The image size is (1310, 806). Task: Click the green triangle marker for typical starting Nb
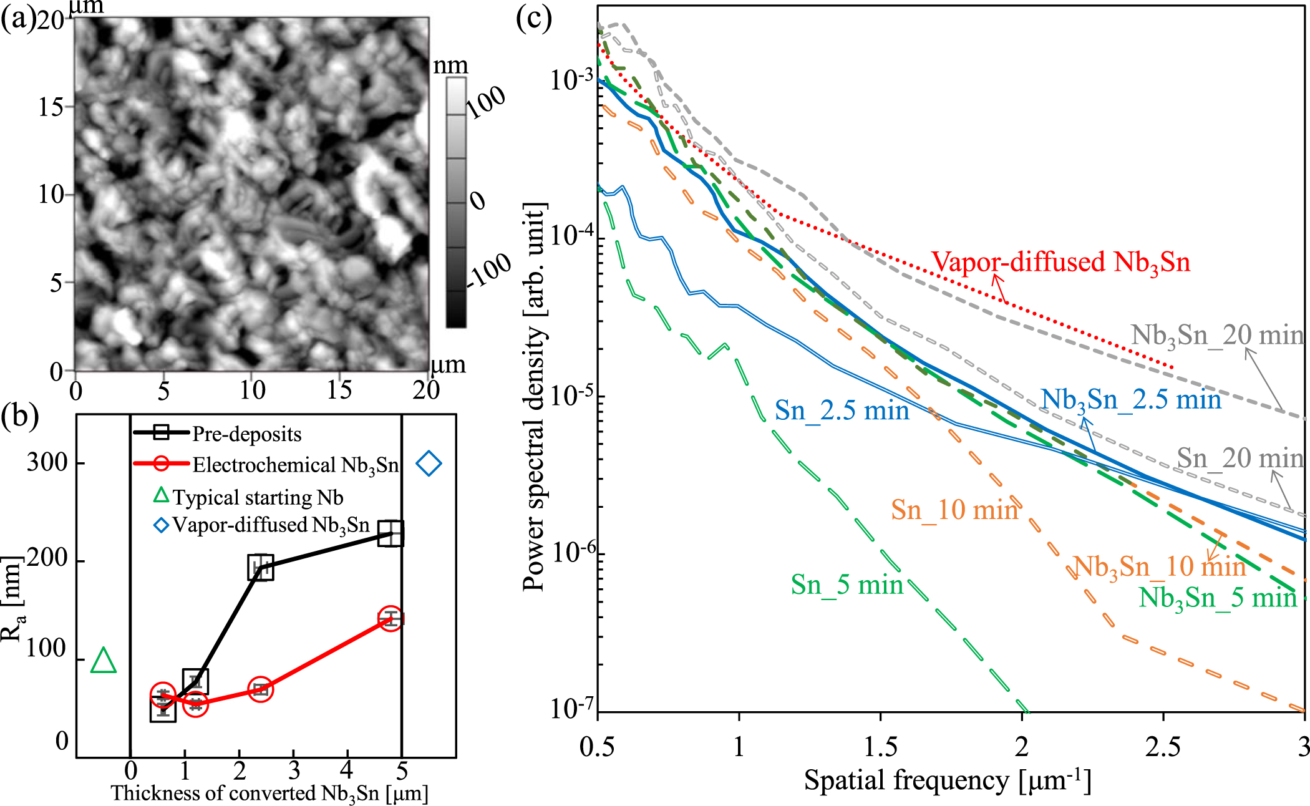pyautogui.click(x=104, y=661)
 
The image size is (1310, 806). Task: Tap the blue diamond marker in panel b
pyautogui.click(x=429, y=464)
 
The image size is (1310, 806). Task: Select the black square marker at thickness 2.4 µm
pyautogui.click(x=261, y=568)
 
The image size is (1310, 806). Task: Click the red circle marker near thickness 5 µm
pyautogui.click(x=391, y=618)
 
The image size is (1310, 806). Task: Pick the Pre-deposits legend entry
pyautogui.click(x=246, y=434)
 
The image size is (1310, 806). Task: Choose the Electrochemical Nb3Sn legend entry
pyautogui.click(x=294, y=465)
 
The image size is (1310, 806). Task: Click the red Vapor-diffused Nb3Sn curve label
pyautogui.click(x=1060, y=262)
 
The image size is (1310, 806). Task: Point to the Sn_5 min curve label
pyautogui.click(x=847, y=585)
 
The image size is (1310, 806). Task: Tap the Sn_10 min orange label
pyautogui.click(x=954, y=510)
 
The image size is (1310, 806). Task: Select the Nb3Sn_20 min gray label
pyautogui.click(x=1217, y=336)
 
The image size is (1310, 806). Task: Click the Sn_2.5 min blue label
pyautogui.click(x=842, y=410)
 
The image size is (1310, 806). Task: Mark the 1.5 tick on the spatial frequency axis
pyautogui.click(x=881, y=747)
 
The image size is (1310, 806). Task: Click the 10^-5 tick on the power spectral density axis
pyautogui.click(x=571, y=396)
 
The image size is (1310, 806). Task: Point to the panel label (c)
pyautogui.click(x=533, y=19)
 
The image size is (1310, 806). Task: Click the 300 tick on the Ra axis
pyautogui.click(x=47, y=463)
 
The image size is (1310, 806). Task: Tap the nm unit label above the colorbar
pyautogui.click(x=450, y=66)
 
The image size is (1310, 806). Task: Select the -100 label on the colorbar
pyautogui.click(x=490, y=271)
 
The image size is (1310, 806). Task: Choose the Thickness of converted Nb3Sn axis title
pyautogui.click(x=269, y=794)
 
